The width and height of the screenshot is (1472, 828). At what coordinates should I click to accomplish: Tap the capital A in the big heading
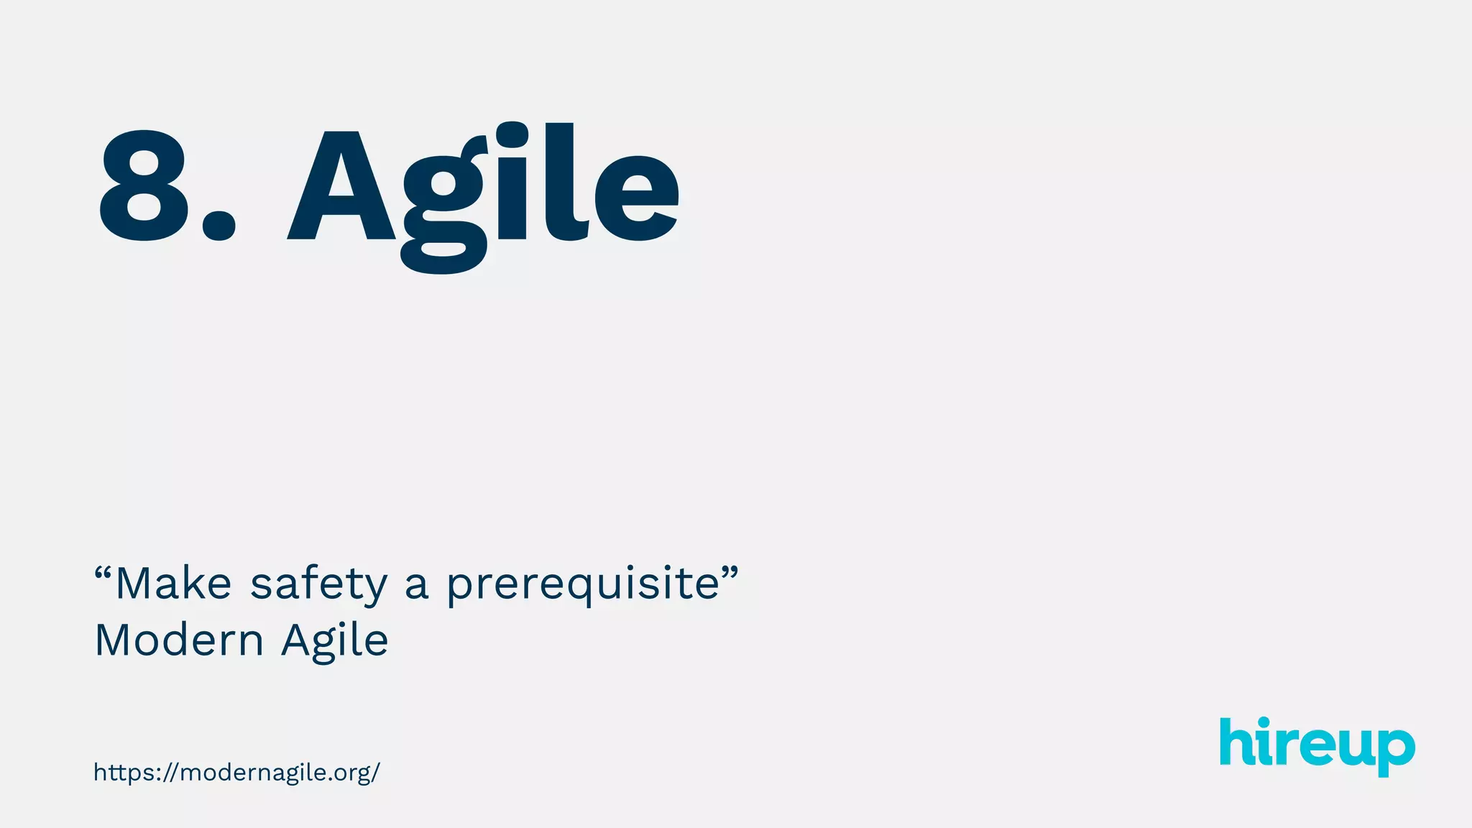pos(341,187)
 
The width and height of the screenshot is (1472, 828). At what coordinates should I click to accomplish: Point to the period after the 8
pos(218,224)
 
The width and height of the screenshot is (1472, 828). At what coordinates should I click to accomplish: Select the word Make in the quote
pos(173,583)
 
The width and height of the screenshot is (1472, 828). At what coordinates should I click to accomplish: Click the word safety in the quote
pos(318,584)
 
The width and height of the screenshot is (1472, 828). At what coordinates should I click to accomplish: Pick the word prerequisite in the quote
pos(583,584)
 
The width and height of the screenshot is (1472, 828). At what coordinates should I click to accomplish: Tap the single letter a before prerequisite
pos(417,585)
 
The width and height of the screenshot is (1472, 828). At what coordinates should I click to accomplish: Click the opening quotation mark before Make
pos(103,574)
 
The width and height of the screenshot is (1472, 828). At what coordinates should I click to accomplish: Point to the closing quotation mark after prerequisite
pos(730,574)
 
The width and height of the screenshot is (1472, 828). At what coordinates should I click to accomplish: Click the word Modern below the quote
pos(179,640)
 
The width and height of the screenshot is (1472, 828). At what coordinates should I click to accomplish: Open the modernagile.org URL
pos(236,773)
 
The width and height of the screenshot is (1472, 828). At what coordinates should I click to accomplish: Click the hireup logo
pos(1317,745)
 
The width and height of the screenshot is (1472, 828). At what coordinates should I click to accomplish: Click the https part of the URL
pos(122,773)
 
